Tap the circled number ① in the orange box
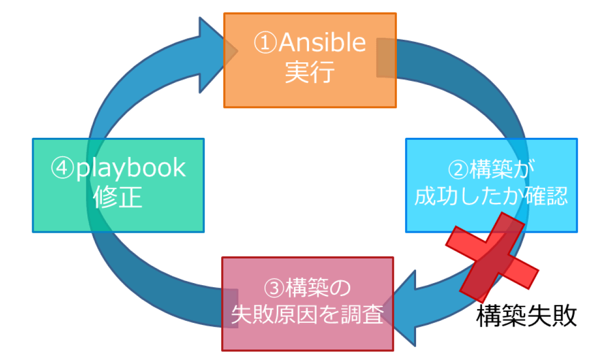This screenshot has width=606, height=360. [265, 43]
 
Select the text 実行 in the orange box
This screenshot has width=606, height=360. [310, 72]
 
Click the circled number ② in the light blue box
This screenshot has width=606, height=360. [459, 170]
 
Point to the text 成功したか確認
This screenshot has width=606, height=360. [491, 196]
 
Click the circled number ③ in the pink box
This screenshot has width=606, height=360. [274, 289]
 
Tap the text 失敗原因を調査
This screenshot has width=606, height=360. [308, 314]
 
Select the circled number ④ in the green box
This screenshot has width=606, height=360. [62, 168]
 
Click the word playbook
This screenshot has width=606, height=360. [131, 168]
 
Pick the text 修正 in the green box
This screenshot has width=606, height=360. [118, 197]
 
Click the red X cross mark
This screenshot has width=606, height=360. [492, 257]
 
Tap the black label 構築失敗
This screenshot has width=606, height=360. [527, 316]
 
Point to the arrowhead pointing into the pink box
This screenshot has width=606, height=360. [400, 309]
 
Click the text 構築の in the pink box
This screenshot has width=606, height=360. [318, 288]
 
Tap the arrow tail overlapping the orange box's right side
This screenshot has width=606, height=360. [386, 58]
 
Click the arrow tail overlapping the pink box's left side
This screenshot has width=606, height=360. [230, 309]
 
